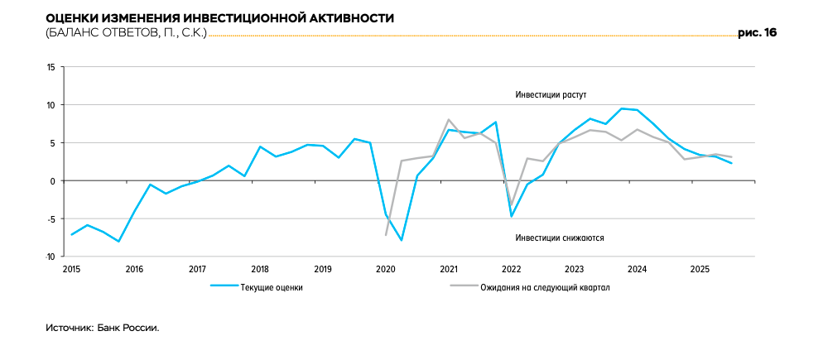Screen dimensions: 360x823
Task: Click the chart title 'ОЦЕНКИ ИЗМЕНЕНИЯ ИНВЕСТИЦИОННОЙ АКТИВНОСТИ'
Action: coord(219,17)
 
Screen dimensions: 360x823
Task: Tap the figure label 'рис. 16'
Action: coord(758,33)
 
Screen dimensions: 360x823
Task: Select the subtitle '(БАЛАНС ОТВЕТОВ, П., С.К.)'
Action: coord(126,33)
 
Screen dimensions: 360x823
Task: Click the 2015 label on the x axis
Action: coord(72,269)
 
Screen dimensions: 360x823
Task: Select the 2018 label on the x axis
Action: coord(260,269)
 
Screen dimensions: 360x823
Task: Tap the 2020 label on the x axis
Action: coord(386,269)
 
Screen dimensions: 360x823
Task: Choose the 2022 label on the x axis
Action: coord(511,269)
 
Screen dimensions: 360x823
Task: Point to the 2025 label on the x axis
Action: coord(700,269)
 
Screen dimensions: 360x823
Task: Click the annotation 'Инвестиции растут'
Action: coord(551,95)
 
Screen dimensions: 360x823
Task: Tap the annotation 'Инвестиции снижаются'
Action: coord(559,238)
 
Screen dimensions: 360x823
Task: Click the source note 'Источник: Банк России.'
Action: coord(102,328)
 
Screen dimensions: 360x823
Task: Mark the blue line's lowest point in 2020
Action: coord(402,240)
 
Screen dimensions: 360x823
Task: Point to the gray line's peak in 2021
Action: coord(448,120)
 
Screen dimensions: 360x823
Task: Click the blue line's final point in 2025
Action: coord(731,163)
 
